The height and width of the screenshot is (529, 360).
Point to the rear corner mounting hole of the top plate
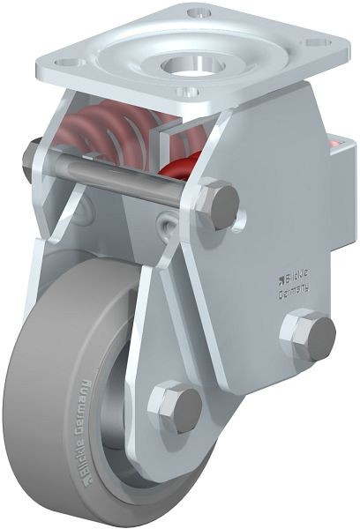pos(200,12)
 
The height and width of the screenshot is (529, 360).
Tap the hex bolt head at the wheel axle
pos(176,407)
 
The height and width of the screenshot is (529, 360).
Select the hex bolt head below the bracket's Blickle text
pos(308,336)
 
